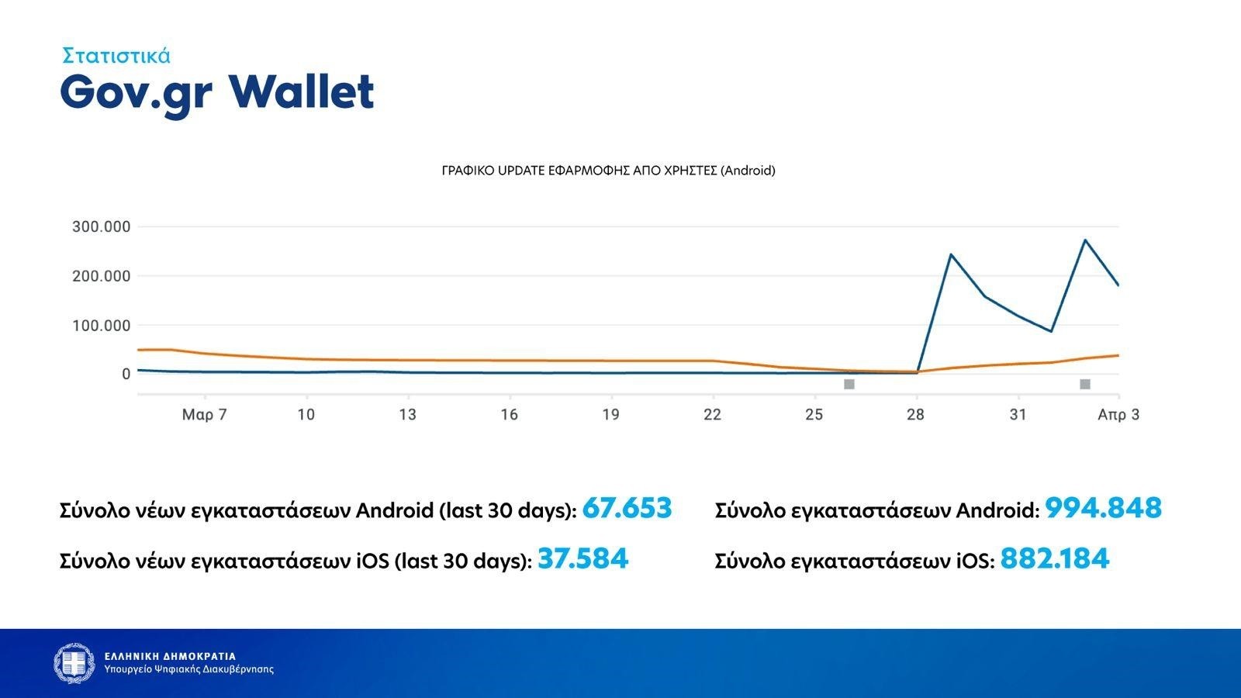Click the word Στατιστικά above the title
(x=116, y=56)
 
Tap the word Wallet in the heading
(x=302, y=92)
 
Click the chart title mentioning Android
(x=608, y=171)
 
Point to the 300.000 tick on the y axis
(x=102, y=226)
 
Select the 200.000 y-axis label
(x=102, y=276)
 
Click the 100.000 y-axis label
(x=102, y=325)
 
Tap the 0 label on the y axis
(x=126, y=374)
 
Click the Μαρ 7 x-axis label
(x=205, y=414)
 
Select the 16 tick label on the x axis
(x=509, y=414)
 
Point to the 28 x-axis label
(x=915, y=414)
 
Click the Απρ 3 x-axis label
(x=1118, y=414)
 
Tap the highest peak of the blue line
(x=1085, y=240)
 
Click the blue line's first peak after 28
(x=951, y=254)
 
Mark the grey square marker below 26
(x=849, y=384)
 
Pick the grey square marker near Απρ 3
(x=1085, y=384)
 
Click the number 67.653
(x=627, y=508)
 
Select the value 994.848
(x=1103, y=508)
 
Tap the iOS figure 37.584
(x=582, y=558)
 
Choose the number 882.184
(x=1055, y=558)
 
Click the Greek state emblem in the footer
(x=74, y=663)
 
